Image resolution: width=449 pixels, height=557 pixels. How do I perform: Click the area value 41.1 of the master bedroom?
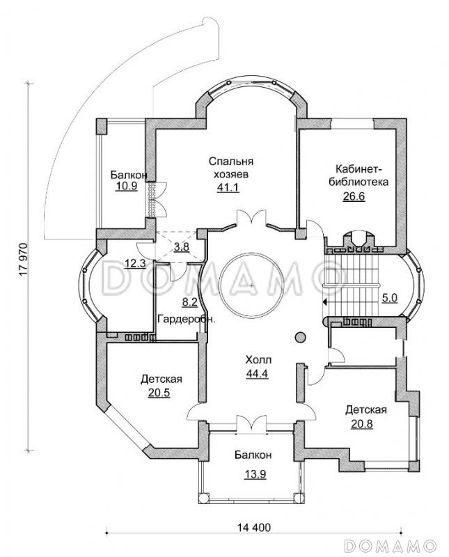click(x=228, y=187)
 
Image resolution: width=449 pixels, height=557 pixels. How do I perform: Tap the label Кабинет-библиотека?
click(x=359, y=175)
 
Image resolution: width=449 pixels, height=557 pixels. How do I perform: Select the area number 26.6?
click(x=354, y=196)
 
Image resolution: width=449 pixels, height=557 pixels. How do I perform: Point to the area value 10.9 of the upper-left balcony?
click(x=126, y=186)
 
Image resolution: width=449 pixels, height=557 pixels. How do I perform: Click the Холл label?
click(x=258, y=360)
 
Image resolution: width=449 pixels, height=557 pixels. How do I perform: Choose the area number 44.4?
click(x=258, y=373)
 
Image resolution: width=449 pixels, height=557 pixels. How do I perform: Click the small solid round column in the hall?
click(x=300, y=337)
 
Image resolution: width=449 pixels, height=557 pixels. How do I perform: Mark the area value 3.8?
click(x=181, y=246)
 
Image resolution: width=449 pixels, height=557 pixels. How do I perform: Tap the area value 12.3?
click(x=135, y=264)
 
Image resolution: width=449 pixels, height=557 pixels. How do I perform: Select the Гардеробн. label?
click(x=187, y=319)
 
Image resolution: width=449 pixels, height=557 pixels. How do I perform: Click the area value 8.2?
click(x=189, y=302)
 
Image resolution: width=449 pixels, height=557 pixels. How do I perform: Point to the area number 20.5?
click(x=159, y=393)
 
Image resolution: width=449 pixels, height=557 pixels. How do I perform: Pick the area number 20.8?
click(x=361, y=424)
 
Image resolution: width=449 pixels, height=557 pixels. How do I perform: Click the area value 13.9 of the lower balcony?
click(x=255, y=473)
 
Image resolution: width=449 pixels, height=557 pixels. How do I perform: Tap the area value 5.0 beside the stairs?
click(x=390, y=298)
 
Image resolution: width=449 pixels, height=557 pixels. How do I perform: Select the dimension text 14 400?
click(x=253, y=528)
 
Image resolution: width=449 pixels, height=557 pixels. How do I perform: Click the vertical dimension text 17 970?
click(x=24, y=259)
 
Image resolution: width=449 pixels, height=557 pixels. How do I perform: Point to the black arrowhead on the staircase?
click(x=324, y=302)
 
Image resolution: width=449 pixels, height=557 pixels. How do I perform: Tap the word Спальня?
click(x=231, y=162)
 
